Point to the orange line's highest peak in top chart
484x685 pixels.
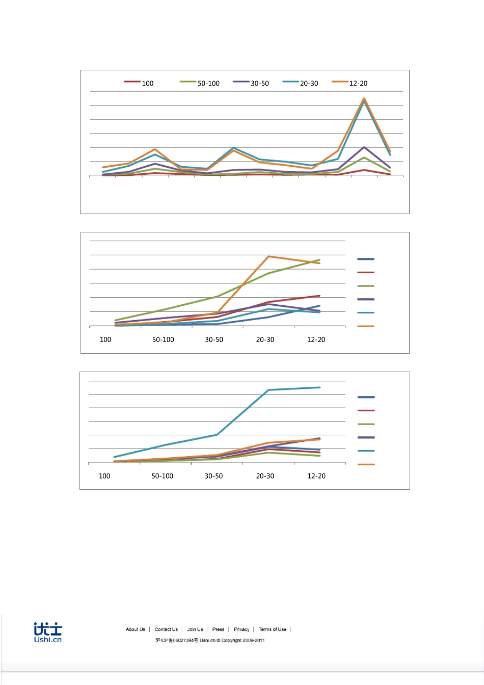364,98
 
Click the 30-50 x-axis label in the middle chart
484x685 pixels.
214,339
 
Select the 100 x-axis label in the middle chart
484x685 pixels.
105,339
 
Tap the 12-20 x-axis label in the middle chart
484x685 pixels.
316,339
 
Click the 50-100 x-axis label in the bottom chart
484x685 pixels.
163,476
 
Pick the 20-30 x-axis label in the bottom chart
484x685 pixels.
265,476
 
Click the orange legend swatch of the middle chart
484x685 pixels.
366,326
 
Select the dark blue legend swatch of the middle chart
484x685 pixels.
366,259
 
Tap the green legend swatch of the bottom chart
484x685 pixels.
366,424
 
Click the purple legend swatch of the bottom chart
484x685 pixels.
366,437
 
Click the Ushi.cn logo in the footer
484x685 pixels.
48,632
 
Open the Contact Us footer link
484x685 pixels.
166,629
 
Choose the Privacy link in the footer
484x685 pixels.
241,629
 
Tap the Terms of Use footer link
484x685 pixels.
273,629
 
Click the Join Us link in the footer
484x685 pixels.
195,629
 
